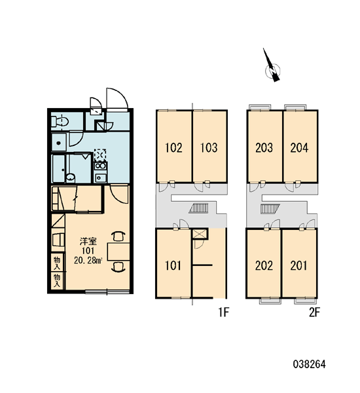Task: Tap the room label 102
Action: [173, 147]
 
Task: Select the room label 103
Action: [209, 147]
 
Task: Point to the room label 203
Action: [264, 147]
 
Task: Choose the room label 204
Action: [299, 147]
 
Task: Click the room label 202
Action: [264, 266]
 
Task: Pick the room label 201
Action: [298, 266]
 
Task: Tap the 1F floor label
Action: [223, 312]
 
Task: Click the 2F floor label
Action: [314, 312]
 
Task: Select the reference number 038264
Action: [309, 364]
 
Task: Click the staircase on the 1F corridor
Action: [199, 208]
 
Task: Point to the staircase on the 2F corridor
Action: [270, 209]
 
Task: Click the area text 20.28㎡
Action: [88, 261]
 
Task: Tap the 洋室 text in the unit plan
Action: [88, 242]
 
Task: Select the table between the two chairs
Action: [118, 252]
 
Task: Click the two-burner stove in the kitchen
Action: [100, 166]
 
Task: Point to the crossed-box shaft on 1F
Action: [200, 234]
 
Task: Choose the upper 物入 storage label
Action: [58, 263]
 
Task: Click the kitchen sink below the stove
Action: [100, 178]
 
